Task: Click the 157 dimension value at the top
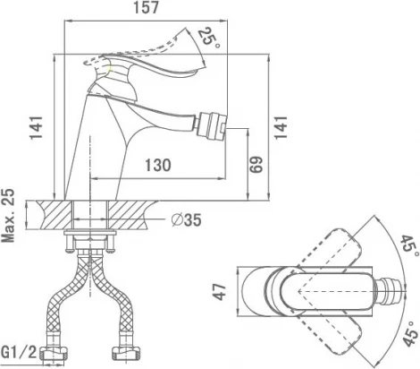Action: pyautogui.click(x=146, y=7)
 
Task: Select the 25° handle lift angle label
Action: pyautogui.click(x=209, y=39)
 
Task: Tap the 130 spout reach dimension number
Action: pyautogui.click(x=158, y=165)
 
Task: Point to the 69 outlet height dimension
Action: pyautogui.click(x=256, y=165)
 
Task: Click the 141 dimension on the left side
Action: pyautogui.click(x=37, y=127)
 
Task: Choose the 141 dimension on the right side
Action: pyautogui.click(x=281, y=127)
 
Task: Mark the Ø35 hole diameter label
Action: pyautogui.click(x=187, y=220)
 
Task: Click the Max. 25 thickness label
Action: pyautogui.click(x=8, y=216)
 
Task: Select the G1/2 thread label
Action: pyautogui.click(x=19, y=353)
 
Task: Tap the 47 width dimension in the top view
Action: pyautogui.click(x=221, y=291)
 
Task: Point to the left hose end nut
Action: pyautogui.click(x=55, y=353)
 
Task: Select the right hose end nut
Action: pyautogui.click(x=127, y=353)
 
